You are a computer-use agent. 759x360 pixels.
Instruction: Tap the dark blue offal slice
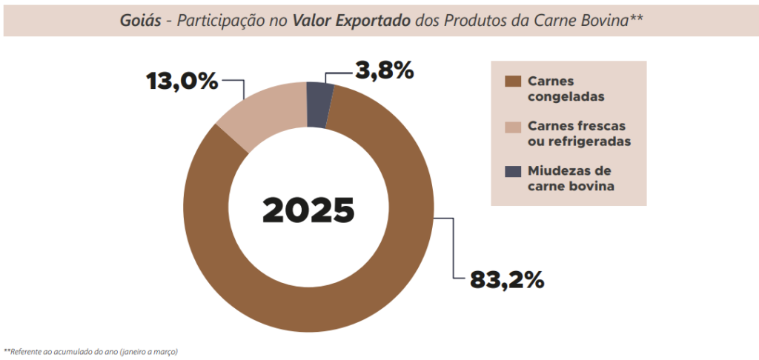tap(319, 104)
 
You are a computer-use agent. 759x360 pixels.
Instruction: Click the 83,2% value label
tap(507, 279)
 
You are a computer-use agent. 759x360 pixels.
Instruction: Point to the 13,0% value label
tap(182, 79)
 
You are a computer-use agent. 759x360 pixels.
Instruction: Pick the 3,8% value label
tap(383, 71)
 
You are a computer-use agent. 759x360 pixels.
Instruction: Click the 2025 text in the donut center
tap(308, 210)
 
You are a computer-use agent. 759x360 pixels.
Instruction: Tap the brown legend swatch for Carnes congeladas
tap(512, 81)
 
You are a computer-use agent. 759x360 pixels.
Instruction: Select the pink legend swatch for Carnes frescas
tap(512, 127)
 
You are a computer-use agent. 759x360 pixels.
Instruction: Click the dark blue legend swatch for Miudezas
tap(512, 171)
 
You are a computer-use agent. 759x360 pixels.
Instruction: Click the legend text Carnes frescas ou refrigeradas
tap(578, 133)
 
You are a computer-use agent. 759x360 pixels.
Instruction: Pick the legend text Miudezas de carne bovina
tap(571, 178)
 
